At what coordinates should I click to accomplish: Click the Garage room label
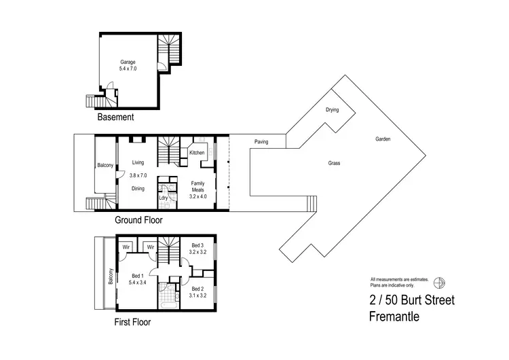[128, 62]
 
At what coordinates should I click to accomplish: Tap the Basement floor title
[115, 118]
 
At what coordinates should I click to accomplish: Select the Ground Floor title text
[138, 220]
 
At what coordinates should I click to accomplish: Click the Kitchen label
[197, 153]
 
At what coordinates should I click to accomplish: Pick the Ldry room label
[164, 198]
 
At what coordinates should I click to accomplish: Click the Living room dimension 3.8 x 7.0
[138, 175]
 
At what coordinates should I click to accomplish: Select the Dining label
[138, 189]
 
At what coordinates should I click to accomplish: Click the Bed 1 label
[137, 275]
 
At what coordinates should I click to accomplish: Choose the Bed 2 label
[197, 289]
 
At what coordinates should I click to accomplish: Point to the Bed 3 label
[197, 245]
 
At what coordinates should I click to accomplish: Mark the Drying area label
[332, 109]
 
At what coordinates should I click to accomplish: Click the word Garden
[383, 139]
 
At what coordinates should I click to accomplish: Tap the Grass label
[334, 163]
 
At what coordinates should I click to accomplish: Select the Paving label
[261, 142]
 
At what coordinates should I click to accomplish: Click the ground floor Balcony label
[105, 165]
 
